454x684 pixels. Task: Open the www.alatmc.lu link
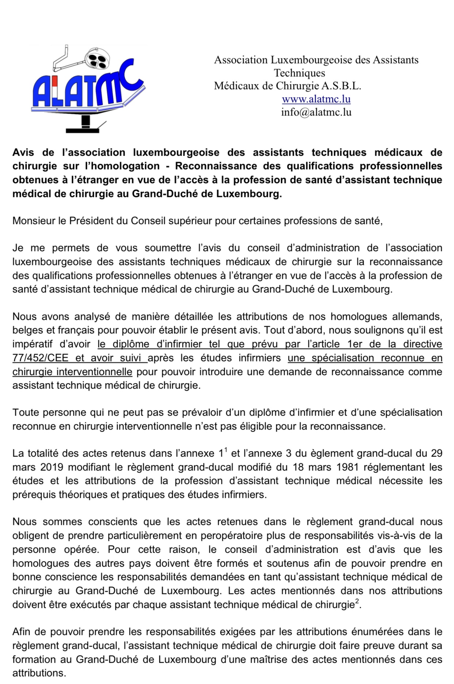pos(316,99)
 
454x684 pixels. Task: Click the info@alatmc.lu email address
pos(316,112)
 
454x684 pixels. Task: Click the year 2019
pos(52,467)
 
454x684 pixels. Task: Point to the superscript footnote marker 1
pos(226,450)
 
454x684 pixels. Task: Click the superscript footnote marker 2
pos(357,601)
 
